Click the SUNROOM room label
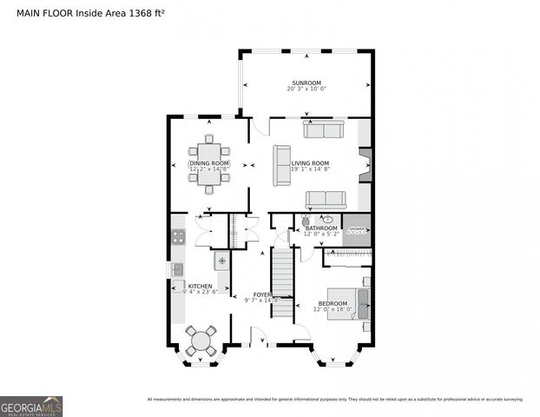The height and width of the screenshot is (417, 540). click(306, 83)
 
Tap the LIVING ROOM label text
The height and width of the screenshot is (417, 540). click(310, 162)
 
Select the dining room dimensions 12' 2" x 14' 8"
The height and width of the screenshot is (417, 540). click(209, 169)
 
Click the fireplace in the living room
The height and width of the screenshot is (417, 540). click(365, 162)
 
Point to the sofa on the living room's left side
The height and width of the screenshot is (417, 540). click(281, 165)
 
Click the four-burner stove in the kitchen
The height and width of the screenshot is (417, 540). click(178, 236)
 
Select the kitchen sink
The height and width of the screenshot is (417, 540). click(177, 269)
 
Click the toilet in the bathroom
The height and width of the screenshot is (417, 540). click(306, 222)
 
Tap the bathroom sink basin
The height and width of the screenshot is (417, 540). click(327, 219)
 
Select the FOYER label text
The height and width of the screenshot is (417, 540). click(262, 295)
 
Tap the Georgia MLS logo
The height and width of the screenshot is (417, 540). click(31, 407)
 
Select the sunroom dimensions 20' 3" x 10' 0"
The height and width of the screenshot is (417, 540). click(306, 89)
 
